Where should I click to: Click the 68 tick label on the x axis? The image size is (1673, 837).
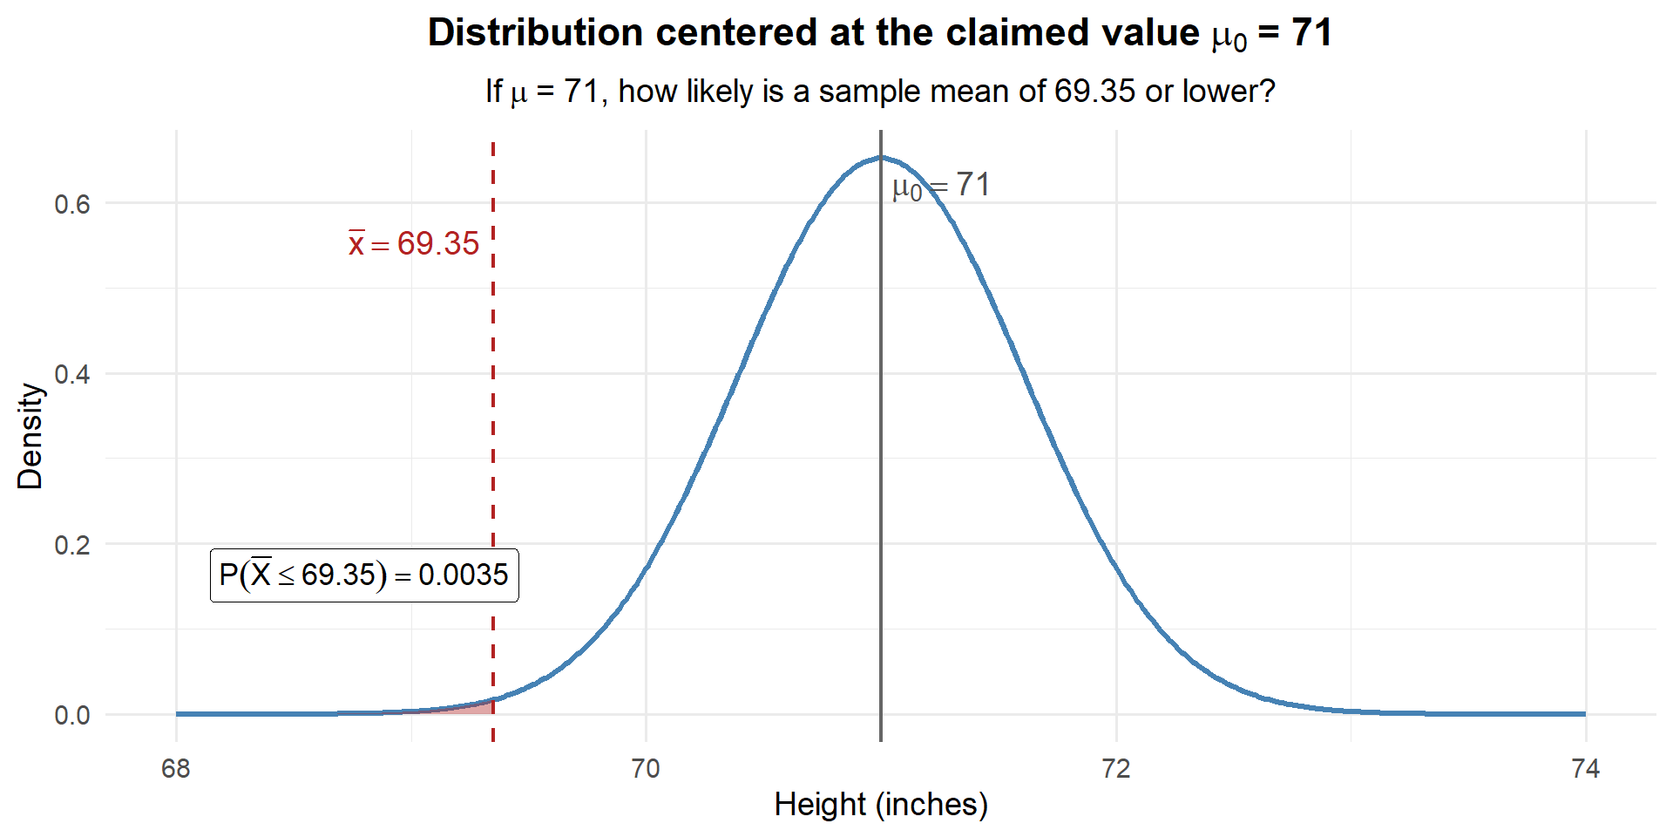[x=176, y=768]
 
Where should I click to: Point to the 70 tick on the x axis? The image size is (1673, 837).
[x=646, y=768]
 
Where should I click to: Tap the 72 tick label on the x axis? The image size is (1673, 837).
[x=1115, y=768]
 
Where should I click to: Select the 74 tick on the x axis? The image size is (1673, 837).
[x=1585, y=768]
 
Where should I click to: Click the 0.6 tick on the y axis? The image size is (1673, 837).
[x=72, y=204]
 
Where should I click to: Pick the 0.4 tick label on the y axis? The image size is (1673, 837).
[x=72, y=374]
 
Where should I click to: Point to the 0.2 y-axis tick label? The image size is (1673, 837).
[x=72, y=545]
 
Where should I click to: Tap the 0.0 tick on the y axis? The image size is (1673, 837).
[x=72, y=715]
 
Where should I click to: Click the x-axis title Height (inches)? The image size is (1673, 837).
[x=881, y=804]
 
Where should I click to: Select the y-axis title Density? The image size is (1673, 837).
[x=30, y=436]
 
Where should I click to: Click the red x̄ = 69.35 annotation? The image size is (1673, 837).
[x=414, y=244]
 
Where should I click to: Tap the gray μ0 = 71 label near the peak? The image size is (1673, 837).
[x=941, y=186]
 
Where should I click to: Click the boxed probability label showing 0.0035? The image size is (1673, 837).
[x=364, y=575]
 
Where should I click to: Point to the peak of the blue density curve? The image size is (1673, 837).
[x=881, y=158]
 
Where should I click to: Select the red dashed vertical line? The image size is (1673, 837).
[x=493, y=392]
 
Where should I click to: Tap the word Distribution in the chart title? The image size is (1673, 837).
[x=535, y=33]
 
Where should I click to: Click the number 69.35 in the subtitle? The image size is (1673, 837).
[x=1094, y=92]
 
